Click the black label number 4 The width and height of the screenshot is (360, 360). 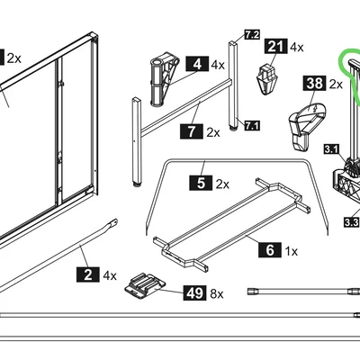coord(196,65)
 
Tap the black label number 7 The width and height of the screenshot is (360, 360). coord(189,132)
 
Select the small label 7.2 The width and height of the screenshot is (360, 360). coord(252,35)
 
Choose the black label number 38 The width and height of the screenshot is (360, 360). coord(313,84)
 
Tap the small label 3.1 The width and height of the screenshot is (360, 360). coord(330,148)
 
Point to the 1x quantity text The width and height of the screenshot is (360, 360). coord(291,252)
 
